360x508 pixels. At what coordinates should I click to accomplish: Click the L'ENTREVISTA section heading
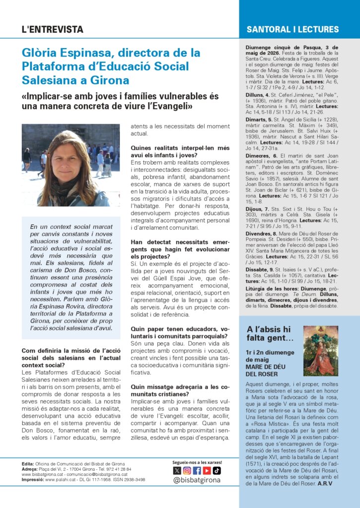[52, 30]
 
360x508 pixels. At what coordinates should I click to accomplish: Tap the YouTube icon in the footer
[207, 470]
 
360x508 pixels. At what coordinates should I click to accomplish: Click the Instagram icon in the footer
[187, 470]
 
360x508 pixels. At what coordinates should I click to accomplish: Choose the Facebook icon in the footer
[197, 470]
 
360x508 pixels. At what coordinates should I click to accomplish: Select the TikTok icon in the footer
[216, 470]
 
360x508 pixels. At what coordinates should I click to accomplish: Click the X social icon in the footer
[177, 470]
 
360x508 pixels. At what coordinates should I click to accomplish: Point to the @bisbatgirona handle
[197, 480]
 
